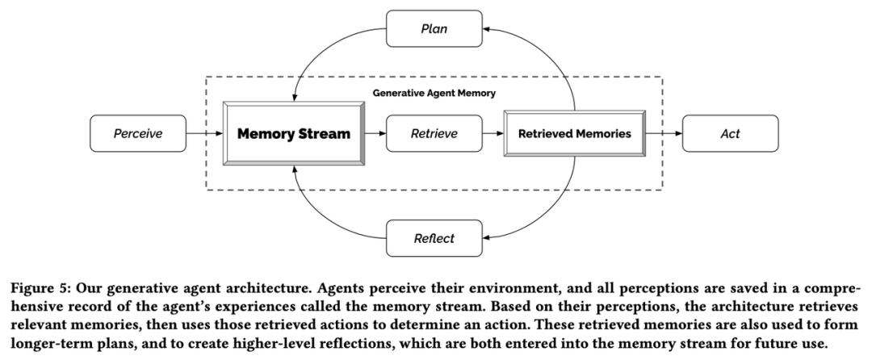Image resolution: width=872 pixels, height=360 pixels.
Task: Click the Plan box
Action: [x=434, y=28]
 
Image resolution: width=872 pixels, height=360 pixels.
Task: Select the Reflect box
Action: [x=434, y=238]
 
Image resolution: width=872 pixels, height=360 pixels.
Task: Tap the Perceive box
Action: [x=138, y=133]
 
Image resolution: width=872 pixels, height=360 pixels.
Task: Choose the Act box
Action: [x=730, y=133]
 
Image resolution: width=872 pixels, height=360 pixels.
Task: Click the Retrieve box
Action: [x=434, y=133]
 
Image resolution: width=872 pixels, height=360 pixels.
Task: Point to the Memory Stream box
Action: [x=294, y=133]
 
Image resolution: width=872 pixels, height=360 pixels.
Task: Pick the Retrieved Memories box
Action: [x=575, y=133]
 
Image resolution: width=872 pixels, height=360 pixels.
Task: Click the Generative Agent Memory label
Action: [x=434, y=94]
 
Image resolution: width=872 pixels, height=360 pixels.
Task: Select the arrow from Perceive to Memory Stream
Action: [x=204, y=133]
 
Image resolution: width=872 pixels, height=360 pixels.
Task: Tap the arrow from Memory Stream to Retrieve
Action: [x=375, y=133]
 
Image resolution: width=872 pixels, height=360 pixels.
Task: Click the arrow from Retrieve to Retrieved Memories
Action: [x=493, y=133]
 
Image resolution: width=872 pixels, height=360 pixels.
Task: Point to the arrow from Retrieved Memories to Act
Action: [x=664, y=133]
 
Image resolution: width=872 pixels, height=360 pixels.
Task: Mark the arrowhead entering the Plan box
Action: [x=486, y=28]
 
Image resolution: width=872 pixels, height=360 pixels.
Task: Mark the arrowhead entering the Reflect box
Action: [x=486, y=238]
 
